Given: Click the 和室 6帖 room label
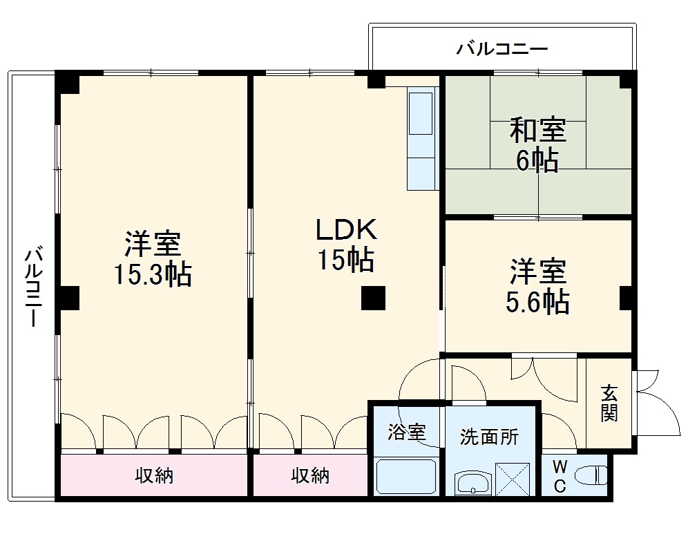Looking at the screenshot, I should pyautogui.click(x=537, y=144).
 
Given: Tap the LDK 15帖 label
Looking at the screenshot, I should pyautogui.click(x=345, y=244).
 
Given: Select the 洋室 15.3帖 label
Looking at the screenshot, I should pyautogui.click(x=153, y=259).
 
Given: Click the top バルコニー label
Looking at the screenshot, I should pyautogui.click(x=502, y=49).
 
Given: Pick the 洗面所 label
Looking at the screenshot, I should pyautogui.click(x=489, y=437).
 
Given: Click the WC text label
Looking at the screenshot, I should pyautogui.click(x=560, y=477).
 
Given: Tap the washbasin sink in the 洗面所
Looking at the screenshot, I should pyautogui.click(x=473, y=483).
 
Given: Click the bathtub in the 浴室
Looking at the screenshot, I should pyautogui.click(x=406, y=477).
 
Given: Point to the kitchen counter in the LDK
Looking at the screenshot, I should pyautogui.click(x=421, y=138).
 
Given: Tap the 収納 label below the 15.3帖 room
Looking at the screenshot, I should pyautogui.click(x=153, y=475).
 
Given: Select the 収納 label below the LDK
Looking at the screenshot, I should pyautogui.click(x=309, y=475).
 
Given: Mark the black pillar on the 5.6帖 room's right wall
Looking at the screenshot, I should pyautogui.click(x=627, y=297).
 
